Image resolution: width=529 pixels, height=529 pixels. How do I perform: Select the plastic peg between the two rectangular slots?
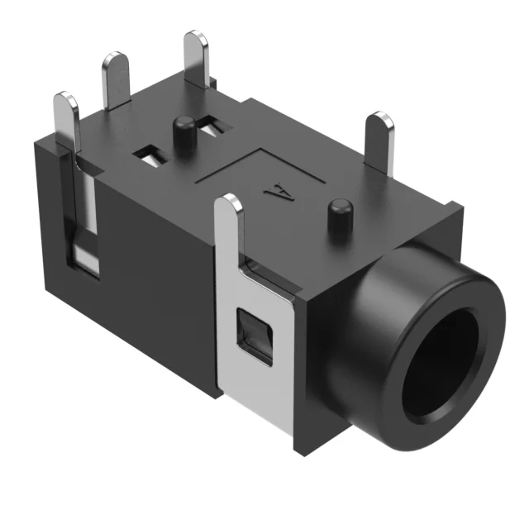(x=183, y=132)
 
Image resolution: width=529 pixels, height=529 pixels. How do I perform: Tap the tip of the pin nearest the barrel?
(x=382, y=122)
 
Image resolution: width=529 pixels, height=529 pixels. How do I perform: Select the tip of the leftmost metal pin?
(x=65, y=103)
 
